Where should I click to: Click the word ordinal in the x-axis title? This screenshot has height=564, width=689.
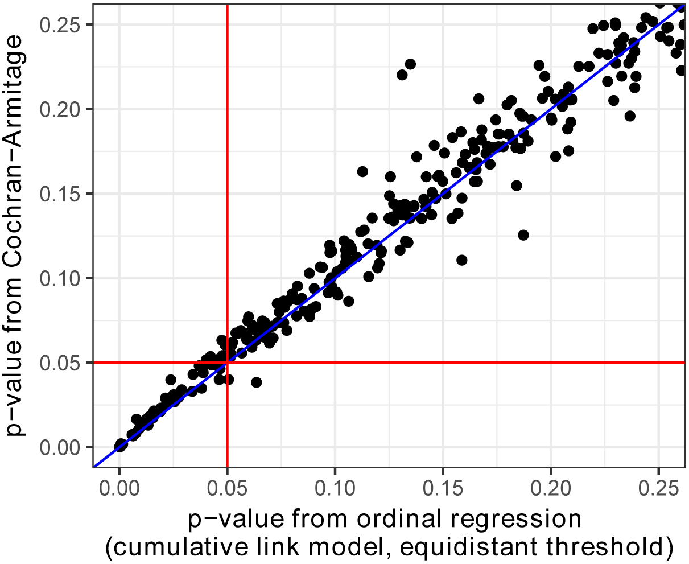click(x=395, y=519)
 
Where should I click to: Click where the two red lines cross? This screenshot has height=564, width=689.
click(x=227, y=363)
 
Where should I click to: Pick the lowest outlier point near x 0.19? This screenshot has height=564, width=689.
click(x=523, y=235)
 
